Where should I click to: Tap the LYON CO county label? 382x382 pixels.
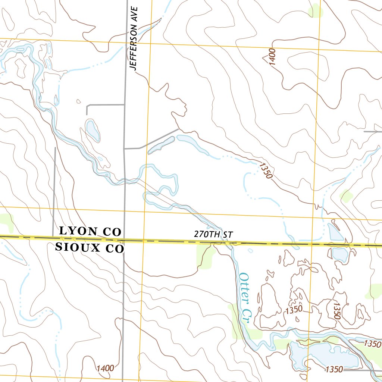coord(90,231)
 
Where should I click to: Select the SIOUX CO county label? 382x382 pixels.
coord(89,247)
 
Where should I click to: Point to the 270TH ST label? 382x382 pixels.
coord(213,235)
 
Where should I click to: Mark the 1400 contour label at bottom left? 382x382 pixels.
coord(105,368)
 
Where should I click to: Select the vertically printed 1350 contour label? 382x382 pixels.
coord(336,310)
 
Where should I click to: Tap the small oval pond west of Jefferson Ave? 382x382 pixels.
coord(93,131)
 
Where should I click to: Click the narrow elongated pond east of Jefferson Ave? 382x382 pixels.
coord(161,145)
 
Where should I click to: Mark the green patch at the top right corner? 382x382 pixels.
coord(316,10)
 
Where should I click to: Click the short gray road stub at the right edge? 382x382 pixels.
coord(373,132)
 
